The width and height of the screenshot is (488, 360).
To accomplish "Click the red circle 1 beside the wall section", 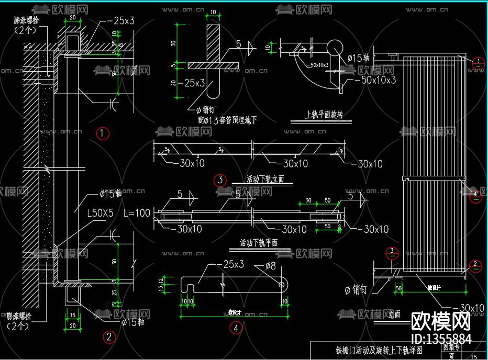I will [x=103, y=133].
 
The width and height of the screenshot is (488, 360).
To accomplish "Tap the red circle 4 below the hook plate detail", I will [x=236, y=328].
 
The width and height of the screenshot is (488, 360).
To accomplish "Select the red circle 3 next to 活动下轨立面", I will [x=220, y=180].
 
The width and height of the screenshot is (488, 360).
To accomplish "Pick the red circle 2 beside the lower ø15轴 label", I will [x=109, y=336].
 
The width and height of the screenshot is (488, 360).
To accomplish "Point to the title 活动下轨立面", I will [x=265, y=179].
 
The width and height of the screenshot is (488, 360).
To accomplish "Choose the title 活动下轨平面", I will [x=259, y=243].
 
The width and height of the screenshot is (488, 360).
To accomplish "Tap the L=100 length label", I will [x=137, y=213].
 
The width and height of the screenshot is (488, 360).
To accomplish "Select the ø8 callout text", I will [x=269, y=266].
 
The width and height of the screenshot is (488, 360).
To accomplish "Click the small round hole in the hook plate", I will [x=283, y=284].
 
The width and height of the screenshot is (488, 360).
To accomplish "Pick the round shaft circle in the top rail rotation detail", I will [x=334, y=48].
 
